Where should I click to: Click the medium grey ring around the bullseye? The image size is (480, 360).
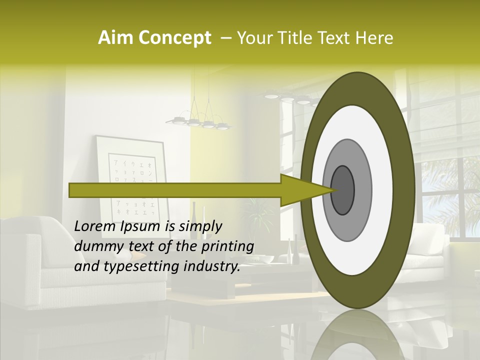coord(362,190)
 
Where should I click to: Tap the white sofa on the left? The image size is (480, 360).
coord(30,265)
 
